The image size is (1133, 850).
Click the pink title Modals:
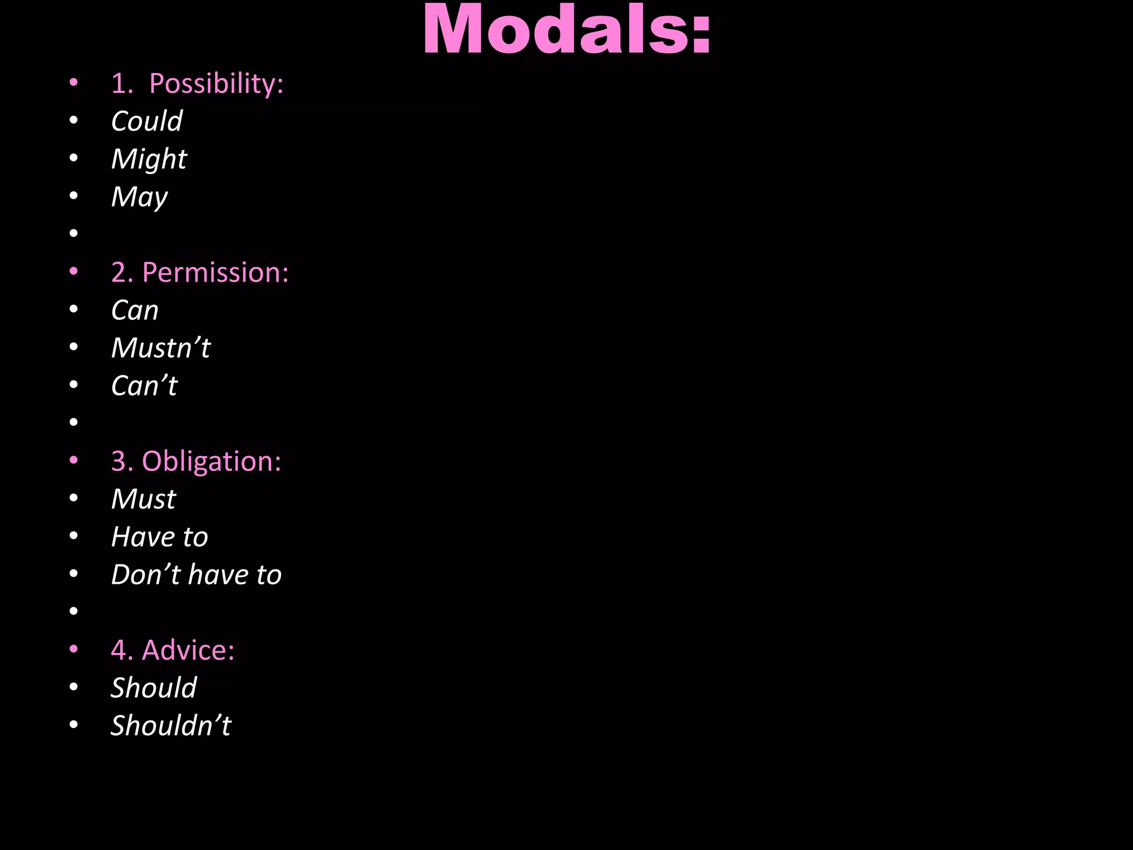pyautogui.click(x=566, y=30)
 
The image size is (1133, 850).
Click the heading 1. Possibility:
pyautogui.click(x=197, y=84)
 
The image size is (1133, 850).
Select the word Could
pyautogui.click(x=147, y=121)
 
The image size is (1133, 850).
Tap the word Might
pyautogui.click(x=149, y=159)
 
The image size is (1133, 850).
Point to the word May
pyautogui.click(x=139, y=197)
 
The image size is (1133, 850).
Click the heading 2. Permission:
pyautogui.click(x=200, y=272)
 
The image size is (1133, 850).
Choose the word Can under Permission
pyautogui.click(x=135, y=310)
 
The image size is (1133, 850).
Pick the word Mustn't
pyautogui.click(x=161, y=348)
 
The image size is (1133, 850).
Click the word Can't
pyautogui.click(x=144, y=386)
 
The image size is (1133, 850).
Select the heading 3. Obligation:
pyautogui.click(x=196, y=461)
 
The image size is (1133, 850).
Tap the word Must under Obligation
pyautogui.click(x=143, y=499)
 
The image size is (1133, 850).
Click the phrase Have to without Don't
pyautogui.click(x=159, y=537)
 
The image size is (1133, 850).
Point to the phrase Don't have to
pyautogui.click(x=196, y=574)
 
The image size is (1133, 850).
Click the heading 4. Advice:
pyautogui.click(x=173, y=650)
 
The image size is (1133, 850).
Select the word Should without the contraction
pyautogui.click(x=154, y=688)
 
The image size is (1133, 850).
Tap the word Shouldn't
pyautogui.click(x=171, y=725)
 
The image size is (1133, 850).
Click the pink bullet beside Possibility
pyautogui.click(x=74, y=83)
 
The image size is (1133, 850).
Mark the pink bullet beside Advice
pyautogui.click(x=74, y=649)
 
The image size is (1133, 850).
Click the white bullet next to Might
pyautogui.click(x=74, y=158)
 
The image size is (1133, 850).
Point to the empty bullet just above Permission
pyautogui.click(x=74, y=234)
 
